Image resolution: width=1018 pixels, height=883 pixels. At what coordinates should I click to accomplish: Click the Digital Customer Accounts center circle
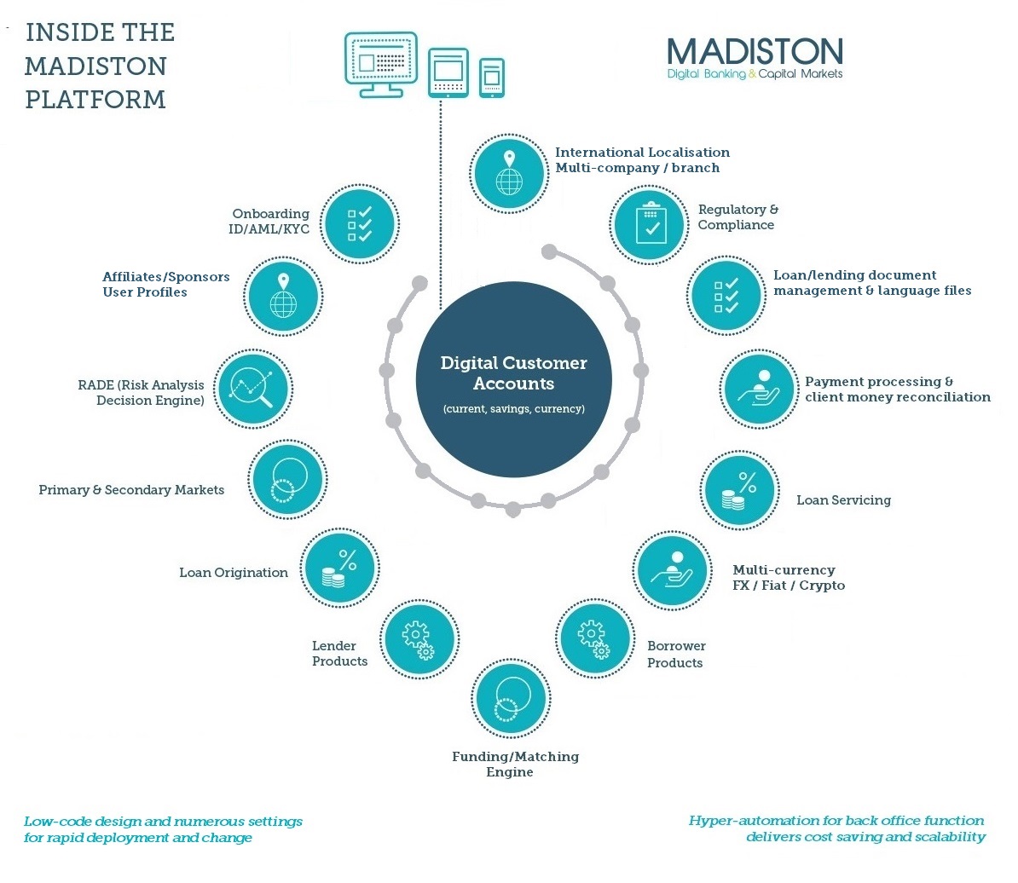click(513, 381)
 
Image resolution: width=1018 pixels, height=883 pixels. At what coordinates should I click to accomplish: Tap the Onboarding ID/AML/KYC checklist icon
click(360, 223)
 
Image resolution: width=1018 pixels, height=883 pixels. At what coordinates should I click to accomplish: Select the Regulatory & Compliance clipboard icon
click(651, 224)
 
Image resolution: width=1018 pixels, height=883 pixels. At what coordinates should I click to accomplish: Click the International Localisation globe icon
click(509, 173)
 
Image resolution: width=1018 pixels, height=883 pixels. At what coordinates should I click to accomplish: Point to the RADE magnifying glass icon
click(252, 389)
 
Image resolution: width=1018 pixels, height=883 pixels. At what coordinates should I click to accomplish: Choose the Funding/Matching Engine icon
click(510, 698)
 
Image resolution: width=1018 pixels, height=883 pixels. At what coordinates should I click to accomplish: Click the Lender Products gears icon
click(418, 639)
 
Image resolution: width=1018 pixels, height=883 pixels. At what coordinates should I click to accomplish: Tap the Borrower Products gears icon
click(594, 639)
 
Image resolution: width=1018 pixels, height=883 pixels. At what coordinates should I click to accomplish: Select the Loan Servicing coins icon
click(738, 491)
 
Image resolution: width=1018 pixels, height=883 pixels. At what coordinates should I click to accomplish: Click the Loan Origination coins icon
click(339, 568)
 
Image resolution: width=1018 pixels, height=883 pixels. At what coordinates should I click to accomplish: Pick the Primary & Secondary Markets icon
click(287, 480)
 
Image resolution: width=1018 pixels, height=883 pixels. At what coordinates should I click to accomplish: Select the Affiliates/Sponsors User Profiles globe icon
click(282, 297)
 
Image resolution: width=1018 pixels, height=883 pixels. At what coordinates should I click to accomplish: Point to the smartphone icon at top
click(491, 78)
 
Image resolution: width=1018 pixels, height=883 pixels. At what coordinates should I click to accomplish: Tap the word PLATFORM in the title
click(95, 100)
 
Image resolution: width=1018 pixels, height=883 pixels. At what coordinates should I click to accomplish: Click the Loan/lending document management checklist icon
click(726, 295)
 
